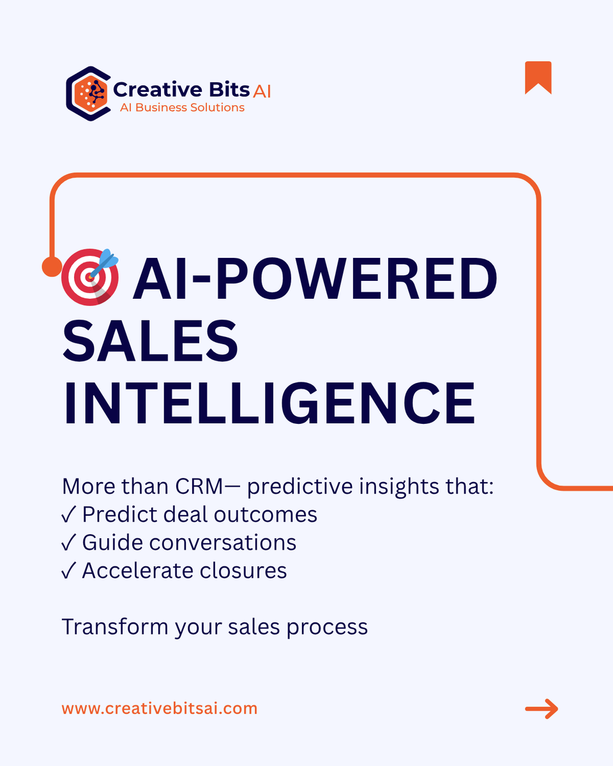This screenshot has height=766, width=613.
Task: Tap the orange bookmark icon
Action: tap(538, 78)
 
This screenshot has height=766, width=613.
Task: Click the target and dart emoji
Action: tap(91, 277)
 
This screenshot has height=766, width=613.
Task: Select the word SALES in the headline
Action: tap(150, 342)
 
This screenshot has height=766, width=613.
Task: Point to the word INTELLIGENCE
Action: tap(269, 404)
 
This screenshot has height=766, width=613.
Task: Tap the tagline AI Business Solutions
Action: tap(182, 108)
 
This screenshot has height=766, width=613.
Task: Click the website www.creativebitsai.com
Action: tap(160, 708)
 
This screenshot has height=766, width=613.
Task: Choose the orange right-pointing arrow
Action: tap(541, 709)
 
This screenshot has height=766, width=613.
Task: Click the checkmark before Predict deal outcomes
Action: tap(69, 514)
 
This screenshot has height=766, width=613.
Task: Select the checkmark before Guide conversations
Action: tap(69, 543)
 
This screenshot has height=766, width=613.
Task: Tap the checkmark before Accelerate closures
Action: tap(69, 571)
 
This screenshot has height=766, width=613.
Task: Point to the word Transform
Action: tap(115, 627)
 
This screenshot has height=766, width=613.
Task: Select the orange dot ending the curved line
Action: tap(51, 267)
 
